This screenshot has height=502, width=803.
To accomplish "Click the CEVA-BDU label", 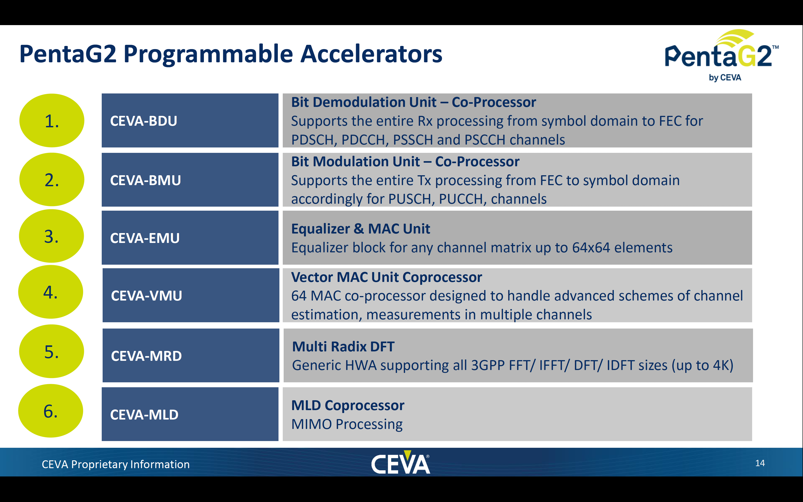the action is click(x=143, y=121).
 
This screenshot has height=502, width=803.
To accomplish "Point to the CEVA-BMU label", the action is click(x=145, y=180).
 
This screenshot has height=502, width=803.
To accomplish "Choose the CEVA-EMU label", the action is click(x=145, y=238).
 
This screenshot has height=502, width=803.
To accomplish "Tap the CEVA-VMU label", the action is click(x=146, y=296).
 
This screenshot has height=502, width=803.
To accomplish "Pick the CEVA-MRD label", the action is click(x=146, y=356).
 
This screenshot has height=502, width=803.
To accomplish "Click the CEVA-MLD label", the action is click(x=144, y=415).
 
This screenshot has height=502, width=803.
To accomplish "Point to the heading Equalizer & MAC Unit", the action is click(x=361, y=229).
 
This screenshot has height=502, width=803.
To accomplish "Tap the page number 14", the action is click(x=760, y=463).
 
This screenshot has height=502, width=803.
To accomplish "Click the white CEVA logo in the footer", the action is click(x=401, y=462).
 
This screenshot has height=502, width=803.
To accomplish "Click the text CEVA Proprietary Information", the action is click(x=115, y=464).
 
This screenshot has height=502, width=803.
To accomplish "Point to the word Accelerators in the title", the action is click(x=371, y=54).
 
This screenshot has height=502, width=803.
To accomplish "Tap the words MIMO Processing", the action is click(x=347, y=424).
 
